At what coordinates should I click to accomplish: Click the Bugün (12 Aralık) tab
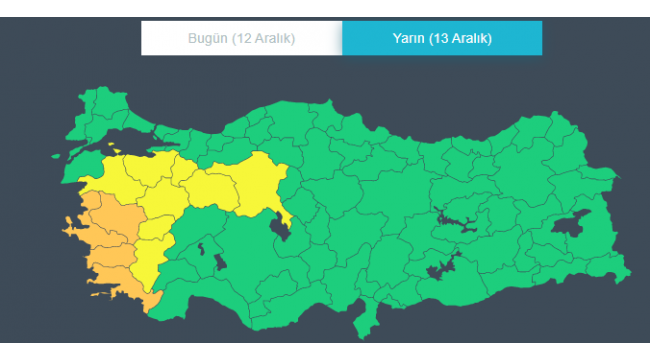241,39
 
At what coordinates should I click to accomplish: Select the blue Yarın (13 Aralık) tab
441,39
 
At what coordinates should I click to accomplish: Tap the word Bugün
208,39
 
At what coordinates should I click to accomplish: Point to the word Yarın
409,39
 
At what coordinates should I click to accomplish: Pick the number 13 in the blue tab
444,39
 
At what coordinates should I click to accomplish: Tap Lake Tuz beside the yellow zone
282,232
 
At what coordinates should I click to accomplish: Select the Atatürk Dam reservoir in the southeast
440,269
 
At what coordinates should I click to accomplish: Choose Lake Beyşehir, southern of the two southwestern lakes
220,262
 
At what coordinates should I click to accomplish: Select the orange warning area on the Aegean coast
105,245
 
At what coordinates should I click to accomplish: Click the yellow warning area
200,185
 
